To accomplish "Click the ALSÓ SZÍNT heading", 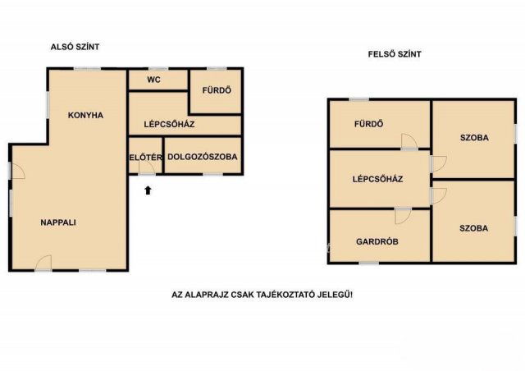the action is (x=75, y=47).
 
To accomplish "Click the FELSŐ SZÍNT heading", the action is (x=395, y=54).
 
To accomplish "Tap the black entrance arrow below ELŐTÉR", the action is (x=148, y=190).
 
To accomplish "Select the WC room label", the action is (x=153, y=80).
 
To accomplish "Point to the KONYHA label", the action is (x=85, y=115).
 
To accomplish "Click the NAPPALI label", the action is (x=58, y=222).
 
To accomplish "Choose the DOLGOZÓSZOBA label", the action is (x=203, y=157).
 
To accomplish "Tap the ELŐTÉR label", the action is (x=146, y=157).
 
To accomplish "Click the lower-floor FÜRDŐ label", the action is (x=217, y=90).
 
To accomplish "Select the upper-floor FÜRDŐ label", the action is (x=368, y=124).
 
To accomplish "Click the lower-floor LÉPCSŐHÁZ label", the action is (x=170, y=124).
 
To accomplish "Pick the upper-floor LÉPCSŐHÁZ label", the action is (x=377, y=179).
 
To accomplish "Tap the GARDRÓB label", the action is (x=377, y=241).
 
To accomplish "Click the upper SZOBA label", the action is (x=474, y=138).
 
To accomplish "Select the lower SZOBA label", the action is (x=474, y=228).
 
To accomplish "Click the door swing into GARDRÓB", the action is (x=403, y=216).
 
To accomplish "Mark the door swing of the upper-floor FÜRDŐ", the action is (x=409, y=141).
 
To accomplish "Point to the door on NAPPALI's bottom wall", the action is (x=43, y=263).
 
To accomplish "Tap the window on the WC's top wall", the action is (x=157, y=69).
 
